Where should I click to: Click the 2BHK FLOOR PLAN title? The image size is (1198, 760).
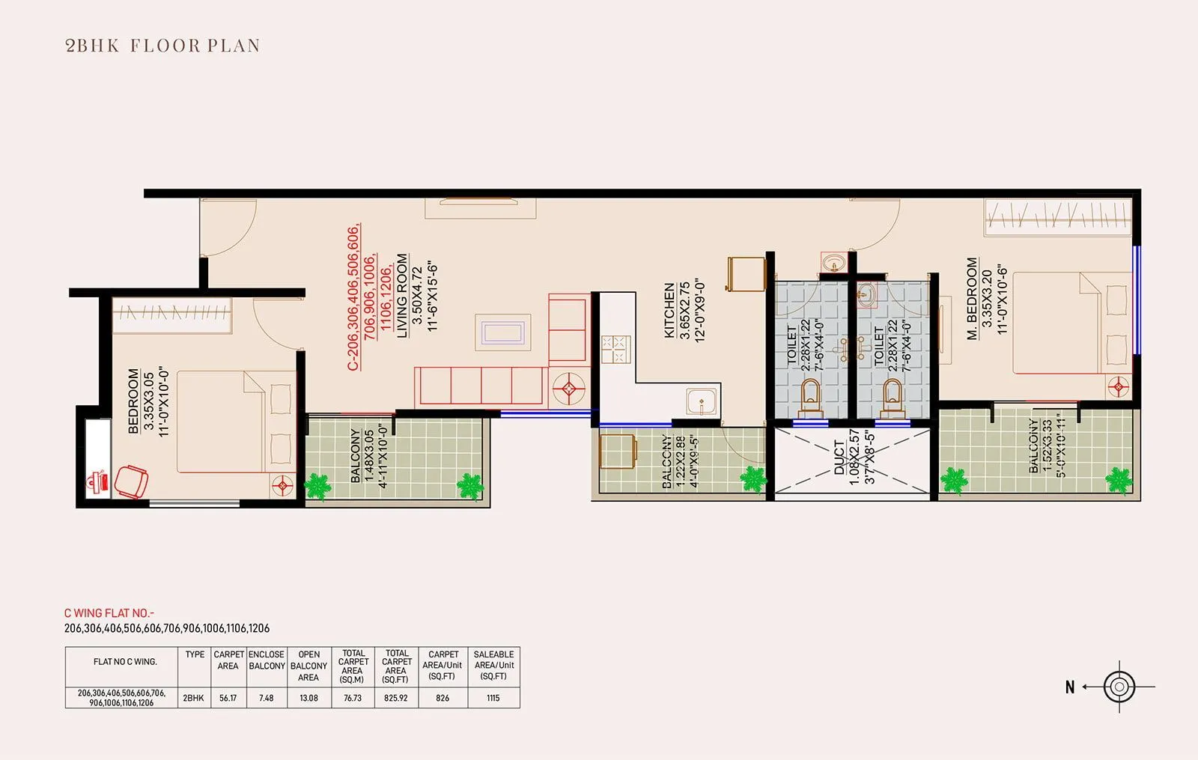coord(162,46)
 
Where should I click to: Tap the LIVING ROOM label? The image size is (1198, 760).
coord(402,295)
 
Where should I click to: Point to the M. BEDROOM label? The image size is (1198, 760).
coord(972,299)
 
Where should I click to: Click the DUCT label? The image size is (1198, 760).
coord(839,457)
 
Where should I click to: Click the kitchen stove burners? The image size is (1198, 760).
coord(615,350)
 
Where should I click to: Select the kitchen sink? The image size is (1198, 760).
coord(702,402)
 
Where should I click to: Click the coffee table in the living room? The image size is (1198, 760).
coord(502,332)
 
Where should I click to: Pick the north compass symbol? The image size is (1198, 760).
coord(1119,686)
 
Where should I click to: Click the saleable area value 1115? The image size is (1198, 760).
coord(493,698)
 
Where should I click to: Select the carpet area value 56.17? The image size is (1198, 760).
coord(228,698)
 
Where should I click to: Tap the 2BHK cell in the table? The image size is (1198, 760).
coord(193,698)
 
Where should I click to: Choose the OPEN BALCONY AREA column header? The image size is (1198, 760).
coord(308,666)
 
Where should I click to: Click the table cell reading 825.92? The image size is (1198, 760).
coord(396,698)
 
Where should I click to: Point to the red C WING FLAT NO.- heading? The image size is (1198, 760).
coord(109,612)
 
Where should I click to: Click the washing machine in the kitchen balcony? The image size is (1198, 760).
coord(618,451)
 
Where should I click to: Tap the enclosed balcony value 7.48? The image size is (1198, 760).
coord(267,698)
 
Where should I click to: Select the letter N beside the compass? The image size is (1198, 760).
coord(1070,687)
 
